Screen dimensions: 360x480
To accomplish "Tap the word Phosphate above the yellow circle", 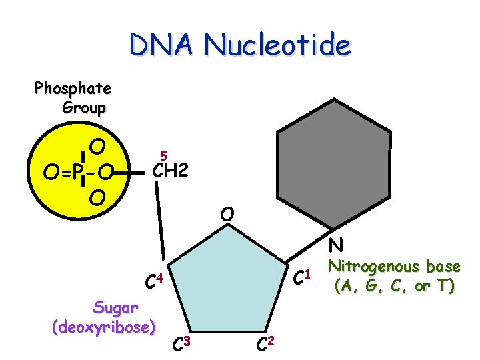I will pyautogui.click(x=73, y=88).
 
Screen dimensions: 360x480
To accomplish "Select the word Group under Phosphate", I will pyautogui.click(x=84, y=108).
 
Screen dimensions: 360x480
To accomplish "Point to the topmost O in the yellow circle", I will pyautogui.click(x=97, y=146).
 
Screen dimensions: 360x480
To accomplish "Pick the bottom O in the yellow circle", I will pyautogui.click(x=97, y=198).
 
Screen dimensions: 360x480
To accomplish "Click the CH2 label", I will pyautogui.click(x=171, y=172).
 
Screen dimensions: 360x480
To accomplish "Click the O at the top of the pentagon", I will pyautogui.click(x=228, y=215).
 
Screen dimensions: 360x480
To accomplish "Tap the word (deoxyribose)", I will pyautogui.click(x=104, y=327).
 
